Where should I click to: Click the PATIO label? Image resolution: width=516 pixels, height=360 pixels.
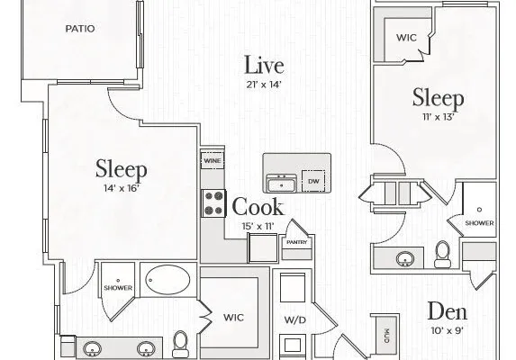click(x=80, y=29)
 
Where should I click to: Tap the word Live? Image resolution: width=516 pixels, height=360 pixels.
click(x=264, y=65)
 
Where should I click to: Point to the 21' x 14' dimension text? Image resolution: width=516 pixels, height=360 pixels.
click(x=264, y=85)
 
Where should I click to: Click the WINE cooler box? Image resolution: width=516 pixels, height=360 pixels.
click(x=213, y=161)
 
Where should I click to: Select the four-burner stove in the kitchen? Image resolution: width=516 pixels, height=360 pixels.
click(x=213, y=203)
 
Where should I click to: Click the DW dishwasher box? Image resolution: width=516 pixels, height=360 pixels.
click(x=313, y=181)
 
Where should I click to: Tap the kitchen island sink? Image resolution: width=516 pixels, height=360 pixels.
click(x=281, y=183)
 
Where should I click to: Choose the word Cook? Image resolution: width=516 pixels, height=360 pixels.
click(x=258, y=206)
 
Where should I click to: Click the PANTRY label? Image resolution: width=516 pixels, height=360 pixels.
click(x=297, y=242)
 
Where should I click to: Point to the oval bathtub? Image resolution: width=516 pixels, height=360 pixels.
click(x=167, y=280)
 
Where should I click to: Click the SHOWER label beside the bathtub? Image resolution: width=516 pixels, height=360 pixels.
click(x=118, y=288)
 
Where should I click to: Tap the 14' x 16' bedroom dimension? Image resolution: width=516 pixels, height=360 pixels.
click(x=122, y=189)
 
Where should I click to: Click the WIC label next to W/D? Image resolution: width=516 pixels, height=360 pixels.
click(x=233, y=318)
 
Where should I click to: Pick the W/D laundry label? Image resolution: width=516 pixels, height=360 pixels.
click(x=294, y=319)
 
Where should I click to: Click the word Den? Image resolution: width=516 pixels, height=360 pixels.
click(x=448, y=311)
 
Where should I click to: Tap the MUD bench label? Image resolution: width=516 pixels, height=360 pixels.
click(x=386, y=336)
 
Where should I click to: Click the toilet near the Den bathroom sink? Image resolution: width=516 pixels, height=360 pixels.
click(x=442, y=254)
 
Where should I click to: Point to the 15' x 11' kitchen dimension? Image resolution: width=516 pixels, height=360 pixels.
click(x=258, y=227)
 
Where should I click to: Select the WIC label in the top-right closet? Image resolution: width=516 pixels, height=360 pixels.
click(x=406, y=38)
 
